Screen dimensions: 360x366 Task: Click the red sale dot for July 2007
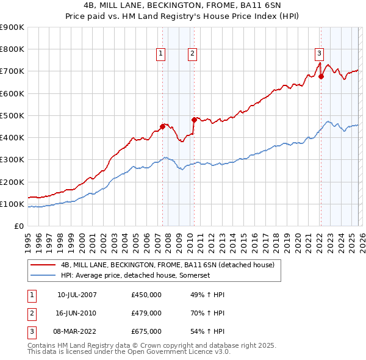click(162, 126)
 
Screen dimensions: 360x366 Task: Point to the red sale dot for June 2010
click(194, 120)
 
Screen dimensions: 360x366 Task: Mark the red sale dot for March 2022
click(321, 76)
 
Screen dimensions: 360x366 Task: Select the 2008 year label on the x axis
click(168, 240)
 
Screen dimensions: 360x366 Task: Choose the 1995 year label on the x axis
click(28, 240)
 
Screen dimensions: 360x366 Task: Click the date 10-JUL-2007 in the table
click(77, 295)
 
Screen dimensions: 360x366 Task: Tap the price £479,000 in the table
click(146, 313)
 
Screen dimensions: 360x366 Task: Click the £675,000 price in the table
click(146, 331)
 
